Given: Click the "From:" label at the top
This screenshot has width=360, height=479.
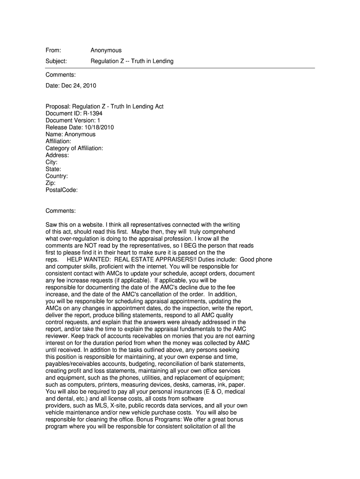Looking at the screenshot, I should point(53,51).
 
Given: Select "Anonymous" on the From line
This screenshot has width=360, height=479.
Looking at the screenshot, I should point(106,51).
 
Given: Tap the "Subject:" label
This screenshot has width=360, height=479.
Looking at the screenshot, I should point(56,61).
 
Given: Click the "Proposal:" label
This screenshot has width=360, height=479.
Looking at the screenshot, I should point(58,107).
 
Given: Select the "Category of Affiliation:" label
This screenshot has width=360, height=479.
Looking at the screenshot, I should point(74,148).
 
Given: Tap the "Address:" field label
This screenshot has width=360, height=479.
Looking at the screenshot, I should point(57,155).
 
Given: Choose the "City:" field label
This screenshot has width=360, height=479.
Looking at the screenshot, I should point(51,162).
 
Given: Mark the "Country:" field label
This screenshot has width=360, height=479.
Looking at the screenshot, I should point(57,176).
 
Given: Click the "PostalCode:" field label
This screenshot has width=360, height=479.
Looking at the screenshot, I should point(62,190).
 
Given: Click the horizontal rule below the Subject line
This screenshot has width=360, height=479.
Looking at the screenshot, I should point(180,68).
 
